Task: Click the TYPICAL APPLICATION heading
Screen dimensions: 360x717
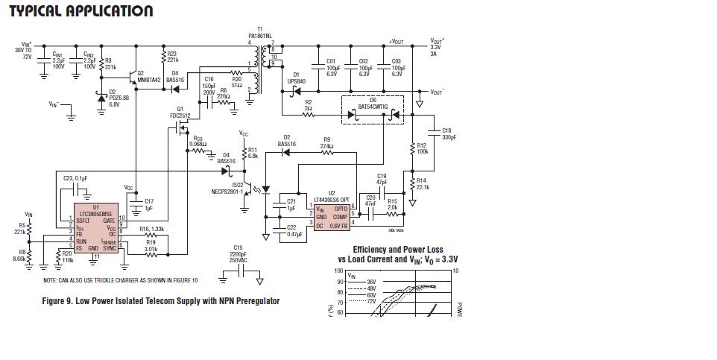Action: pos(80,11)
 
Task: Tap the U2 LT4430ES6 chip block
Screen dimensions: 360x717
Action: pos(332,214)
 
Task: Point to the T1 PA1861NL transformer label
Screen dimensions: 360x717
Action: pos(260,33)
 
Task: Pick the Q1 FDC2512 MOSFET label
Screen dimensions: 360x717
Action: pos(180,113)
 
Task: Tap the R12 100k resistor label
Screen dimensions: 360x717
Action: pos(421,148)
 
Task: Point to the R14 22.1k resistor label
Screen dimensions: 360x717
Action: pos(422,183)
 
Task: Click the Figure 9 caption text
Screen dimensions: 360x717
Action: pos(161,301)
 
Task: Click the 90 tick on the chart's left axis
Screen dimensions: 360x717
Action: pos(339,282)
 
